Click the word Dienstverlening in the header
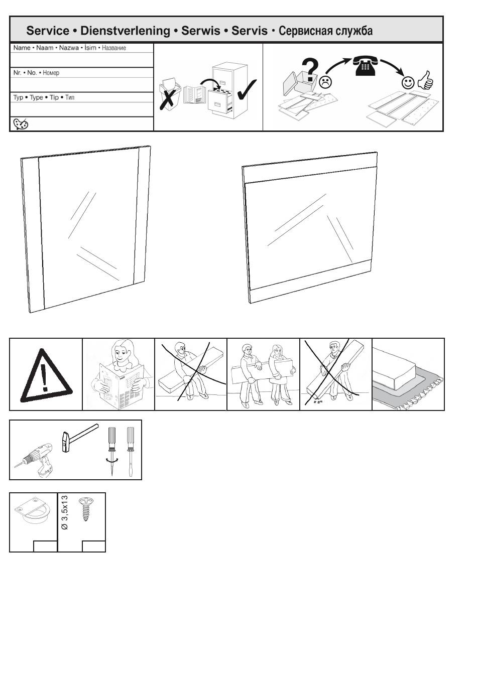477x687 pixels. tap(125, 31)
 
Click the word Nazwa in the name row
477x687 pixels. tap(69, 48)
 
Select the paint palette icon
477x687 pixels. tap(21, 124)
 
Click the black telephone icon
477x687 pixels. tap(365, 65)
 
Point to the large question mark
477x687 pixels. tap(310, 70)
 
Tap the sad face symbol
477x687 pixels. tap(325, 82)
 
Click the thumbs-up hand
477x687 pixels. tap(426, 80)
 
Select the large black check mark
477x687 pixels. tap(247, 89)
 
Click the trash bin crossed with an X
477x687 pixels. tap(168, 94)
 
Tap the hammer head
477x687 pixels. tap(65, 442)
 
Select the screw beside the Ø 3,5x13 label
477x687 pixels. tap(86, 509)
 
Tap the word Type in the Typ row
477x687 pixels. tap(36, 97)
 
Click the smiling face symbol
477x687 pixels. tap(408, 82)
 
